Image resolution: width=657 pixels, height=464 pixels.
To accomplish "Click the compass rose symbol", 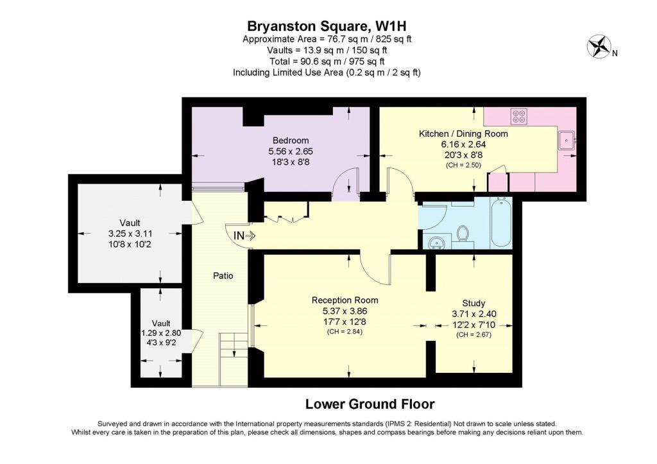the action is tap(599, 46).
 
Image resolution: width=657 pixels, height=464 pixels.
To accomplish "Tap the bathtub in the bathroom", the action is tap(500, 222).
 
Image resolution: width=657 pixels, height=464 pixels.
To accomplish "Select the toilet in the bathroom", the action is tap(463, 233).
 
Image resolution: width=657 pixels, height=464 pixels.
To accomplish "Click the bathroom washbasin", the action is tap(437, 242).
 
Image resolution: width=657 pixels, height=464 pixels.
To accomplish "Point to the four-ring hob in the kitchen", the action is tap(519, 116).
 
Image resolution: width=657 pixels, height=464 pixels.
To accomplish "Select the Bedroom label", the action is tap(291, 141).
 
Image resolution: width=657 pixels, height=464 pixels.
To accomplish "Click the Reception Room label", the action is tap(345, 300).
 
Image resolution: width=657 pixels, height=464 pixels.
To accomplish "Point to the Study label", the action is tap(474, 303).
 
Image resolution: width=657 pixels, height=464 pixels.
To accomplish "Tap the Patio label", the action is tap(223, 276).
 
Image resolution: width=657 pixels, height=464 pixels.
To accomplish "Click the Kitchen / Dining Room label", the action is tap(463, 133).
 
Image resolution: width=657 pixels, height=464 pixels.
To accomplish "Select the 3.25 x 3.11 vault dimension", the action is tap(130, 234).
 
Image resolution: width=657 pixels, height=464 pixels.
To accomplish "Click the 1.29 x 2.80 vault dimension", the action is tap(161, 333).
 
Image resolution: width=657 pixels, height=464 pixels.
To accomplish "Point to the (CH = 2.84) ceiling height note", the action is tap(345, 332).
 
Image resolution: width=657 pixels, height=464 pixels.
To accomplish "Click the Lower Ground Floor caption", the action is tap(370, 404).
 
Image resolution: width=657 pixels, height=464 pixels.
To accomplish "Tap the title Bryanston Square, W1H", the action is tap(327, 26).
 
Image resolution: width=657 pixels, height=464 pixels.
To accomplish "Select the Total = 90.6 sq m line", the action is tap(327, 62).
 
